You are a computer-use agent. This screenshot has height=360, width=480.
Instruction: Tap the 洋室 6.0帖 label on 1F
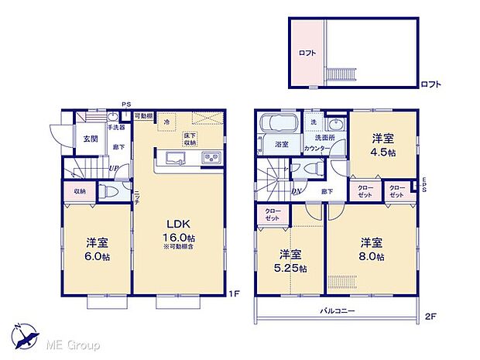96,248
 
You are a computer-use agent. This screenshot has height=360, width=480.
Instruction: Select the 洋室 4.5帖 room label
382,146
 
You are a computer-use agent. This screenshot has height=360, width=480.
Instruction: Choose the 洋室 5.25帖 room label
290,261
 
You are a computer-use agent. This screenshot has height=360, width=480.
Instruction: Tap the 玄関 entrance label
91,139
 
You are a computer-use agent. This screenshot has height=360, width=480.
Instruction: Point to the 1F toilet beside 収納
111,191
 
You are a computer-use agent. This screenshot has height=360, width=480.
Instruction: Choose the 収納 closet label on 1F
81,191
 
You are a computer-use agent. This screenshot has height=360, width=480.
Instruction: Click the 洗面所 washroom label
324,138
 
